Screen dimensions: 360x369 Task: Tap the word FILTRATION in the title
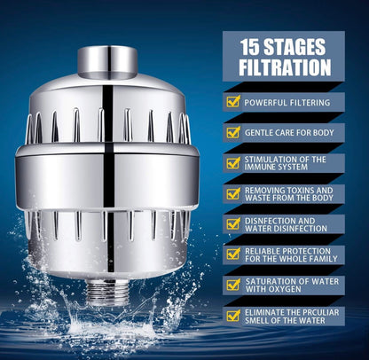[284, 67]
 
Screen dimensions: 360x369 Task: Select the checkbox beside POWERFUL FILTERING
[233, 102]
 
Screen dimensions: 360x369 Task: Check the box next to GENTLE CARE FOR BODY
[233, 132]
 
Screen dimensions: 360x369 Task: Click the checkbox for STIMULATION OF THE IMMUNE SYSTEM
[233, 164]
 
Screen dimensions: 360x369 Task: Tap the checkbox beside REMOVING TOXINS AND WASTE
[233, 194]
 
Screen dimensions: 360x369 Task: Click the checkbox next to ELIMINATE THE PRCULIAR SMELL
[233, 316]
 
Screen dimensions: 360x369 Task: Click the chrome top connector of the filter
[106, 61]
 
